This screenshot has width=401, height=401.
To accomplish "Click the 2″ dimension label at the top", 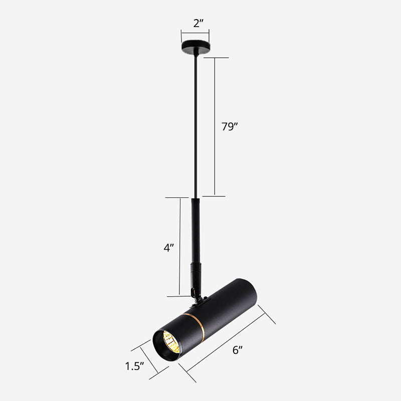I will coord(195,23).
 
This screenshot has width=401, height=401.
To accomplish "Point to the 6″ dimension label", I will coord(238,350).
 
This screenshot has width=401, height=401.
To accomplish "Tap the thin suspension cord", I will coord(195,125).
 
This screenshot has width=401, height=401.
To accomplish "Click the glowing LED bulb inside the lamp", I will coord(171,345).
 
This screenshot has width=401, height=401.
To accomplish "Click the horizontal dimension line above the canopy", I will coord(195,34).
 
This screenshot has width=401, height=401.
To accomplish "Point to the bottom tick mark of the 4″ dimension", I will coord(179,296).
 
